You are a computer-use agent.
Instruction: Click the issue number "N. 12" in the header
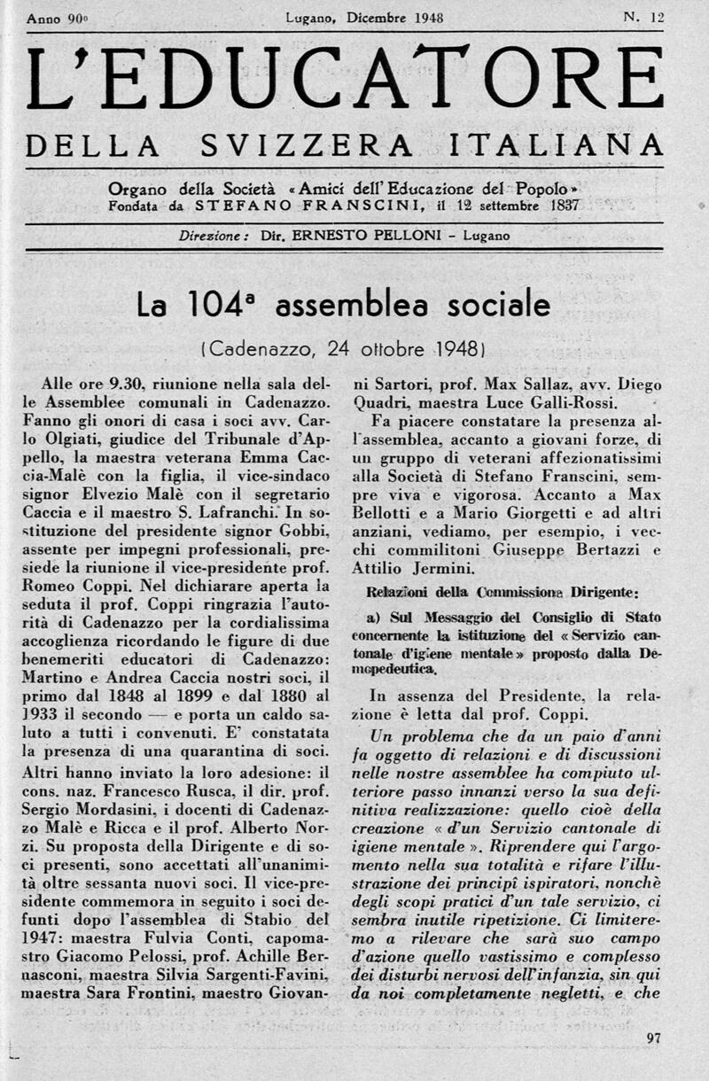(x=644, y=17)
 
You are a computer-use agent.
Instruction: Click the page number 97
(x=654, y=1038)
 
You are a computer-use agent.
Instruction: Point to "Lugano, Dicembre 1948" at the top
(x=364, y=17)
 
